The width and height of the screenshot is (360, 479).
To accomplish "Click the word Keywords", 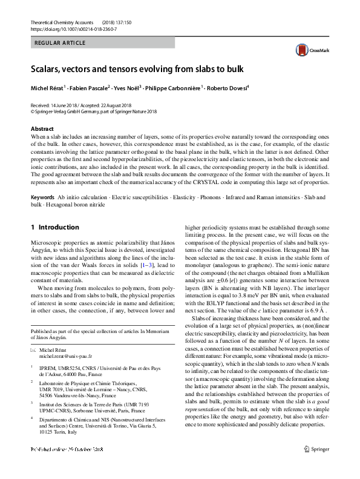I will click(43, 198).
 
